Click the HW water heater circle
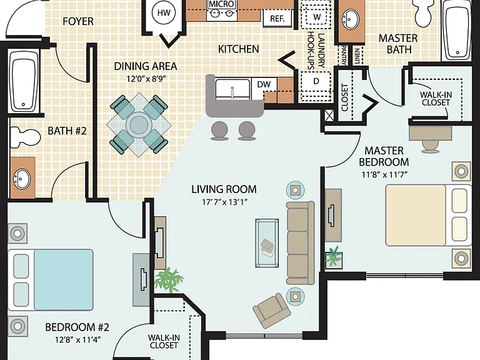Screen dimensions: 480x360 (x=164, y=13)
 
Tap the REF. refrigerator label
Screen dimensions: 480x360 (x=277, y=18)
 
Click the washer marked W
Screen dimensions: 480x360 (x=317, y=17)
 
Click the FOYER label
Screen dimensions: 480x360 (x=78, y=21)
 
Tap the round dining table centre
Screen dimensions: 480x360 (x=139, y=124)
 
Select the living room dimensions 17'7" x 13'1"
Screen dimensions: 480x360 (x=224, y=202)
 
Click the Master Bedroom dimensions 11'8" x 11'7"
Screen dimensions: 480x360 (x=384, y=175)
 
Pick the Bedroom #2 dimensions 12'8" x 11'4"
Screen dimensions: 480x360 (x=78, y=340)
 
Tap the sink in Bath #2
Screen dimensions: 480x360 (x=21, y=179)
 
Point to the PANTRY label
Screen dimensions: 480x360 (x=344, y=55)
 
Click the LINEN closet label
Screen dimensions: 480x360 (x=357, y=56)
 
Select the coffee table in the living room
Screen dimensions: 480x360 (x=267, y=243)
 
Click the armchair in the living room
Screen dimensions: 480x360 (x=272, y=310)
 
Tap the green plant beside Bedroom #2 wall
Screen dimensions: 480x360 (x=169, y=280)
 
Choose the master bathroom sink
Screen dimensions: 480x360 (x=351, y=19)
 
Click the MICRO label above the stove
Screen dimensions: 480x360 (x=222, y=4)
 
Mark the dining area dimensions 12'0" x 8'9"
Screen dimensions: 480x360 (x=146, y=79)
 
